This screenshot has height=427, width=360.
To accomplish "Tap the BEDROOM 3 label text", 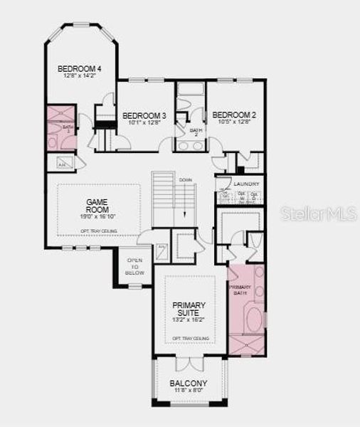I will point(144,115).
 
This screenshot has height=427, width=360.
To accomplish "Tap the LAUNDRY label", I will point(246,184).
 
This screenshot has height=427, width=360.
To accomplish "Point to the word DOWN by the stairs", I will point(186,179).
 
